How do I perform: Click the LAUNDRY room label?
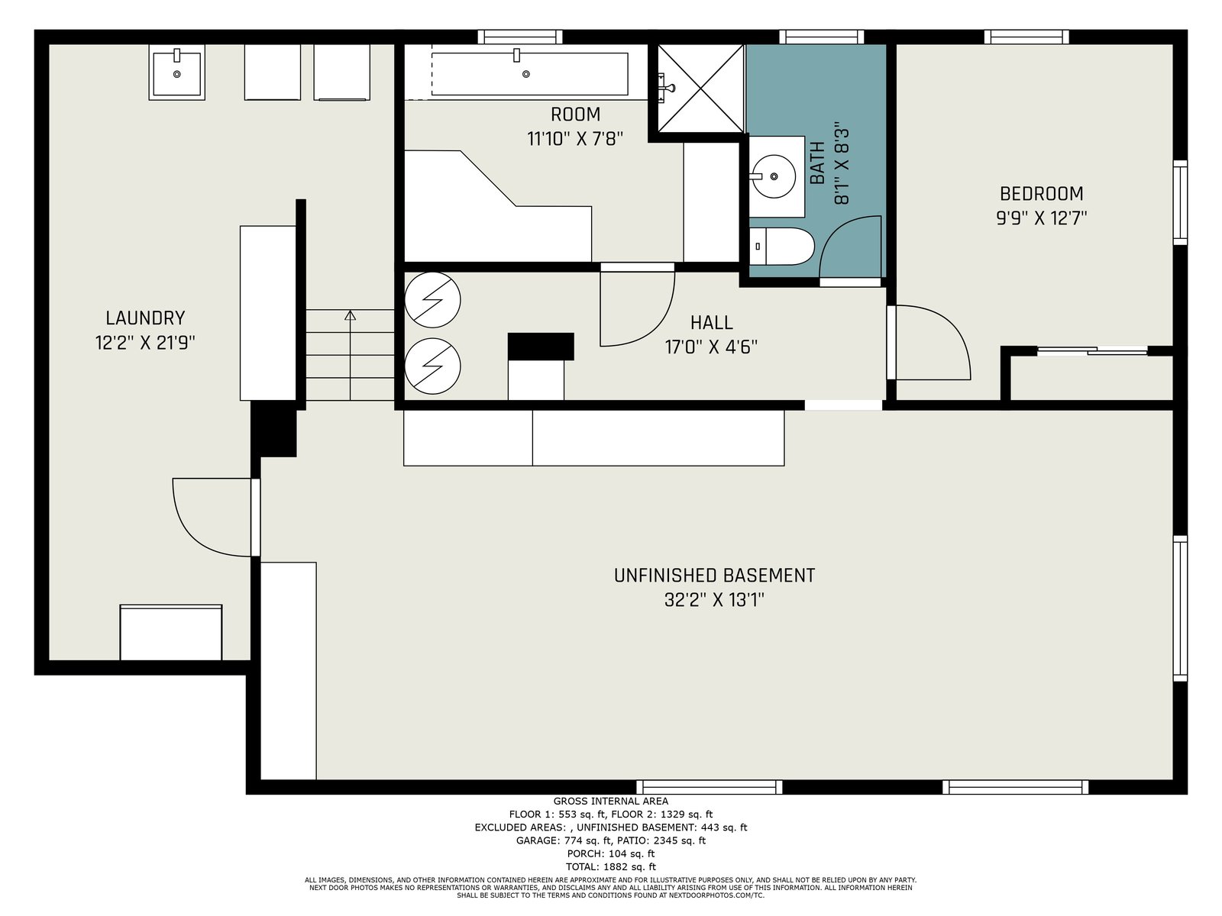point(145,318)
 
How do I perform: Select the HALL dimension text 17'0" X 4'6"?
point(711,347)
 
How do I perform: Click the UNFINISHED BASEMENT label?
point(714,575)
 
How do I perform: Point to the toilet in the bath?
point(781,247)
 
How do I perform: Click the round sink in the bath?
point(774,176)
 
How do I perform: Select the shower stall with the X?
point(700,89)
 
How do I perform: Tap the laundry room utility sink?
point(176,73)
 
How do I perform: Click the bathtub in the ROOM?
point(529,74)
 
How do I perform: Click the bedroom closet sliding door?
point(1092,350)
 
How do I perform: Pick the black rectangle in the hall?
point(541,347)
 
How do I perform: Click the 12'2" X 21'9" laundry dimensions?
point(145,343)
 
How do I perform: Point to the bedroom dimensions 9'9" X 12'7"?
point(1042,218)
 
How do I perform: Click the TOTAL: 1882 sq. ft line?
point(611,867)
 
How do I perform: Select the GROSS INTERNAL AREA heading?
point(611,801)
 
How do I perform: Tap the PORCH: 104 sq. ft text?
point(611,853)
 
